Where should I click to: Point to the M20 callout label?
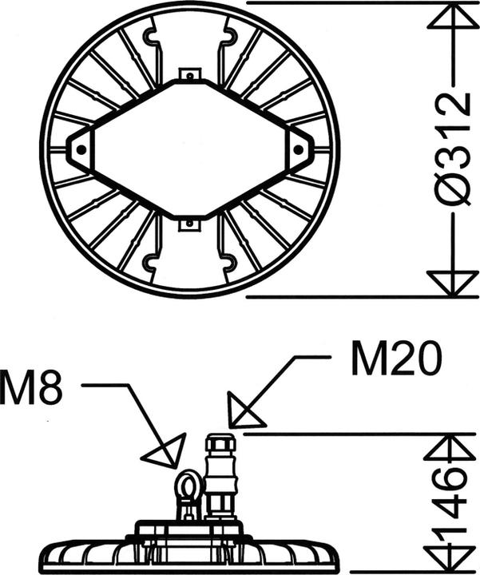(x=396, y=360)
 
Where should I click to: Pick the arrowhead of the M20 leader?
(x=243, y=410)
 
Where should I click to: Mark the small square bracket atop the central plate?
(x=189, y=75)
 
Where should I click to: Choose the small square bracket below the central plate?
(x=189, y=223)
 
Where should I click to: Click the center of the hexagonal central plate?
(x=189, y=149)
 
